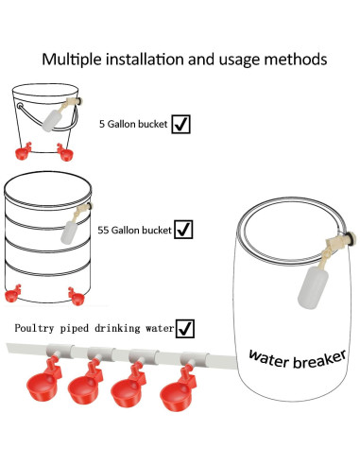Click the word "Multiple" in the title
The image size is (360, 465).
72,60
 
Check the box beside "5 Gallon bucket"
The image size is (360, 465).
180,124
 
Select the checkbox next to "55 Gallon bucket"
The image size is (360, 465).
183,230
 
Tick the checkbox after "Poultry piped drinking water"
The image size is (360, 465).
185,329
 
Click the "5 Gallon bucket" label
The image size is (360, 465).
133,124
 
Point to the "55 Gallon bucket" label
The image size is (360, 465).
134,231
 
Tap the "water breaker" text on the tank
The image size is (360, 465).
298,359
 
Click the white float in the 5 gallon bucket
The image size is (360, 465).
52,120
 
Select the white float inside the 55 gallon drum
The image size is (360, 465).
69,232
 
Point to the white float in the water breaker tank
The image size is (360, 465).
313,287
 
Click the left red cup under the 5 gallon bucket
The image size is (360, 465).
23,152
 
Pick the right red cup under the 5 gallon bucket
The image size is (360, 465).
65,152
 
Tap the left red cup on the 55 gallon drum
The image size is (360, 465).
13,294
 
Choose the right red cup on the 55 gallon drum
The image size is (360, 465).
77,297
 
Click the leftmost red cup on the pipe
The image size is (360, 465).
44,380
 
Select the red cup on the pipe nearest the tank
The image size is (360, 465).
178,389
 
